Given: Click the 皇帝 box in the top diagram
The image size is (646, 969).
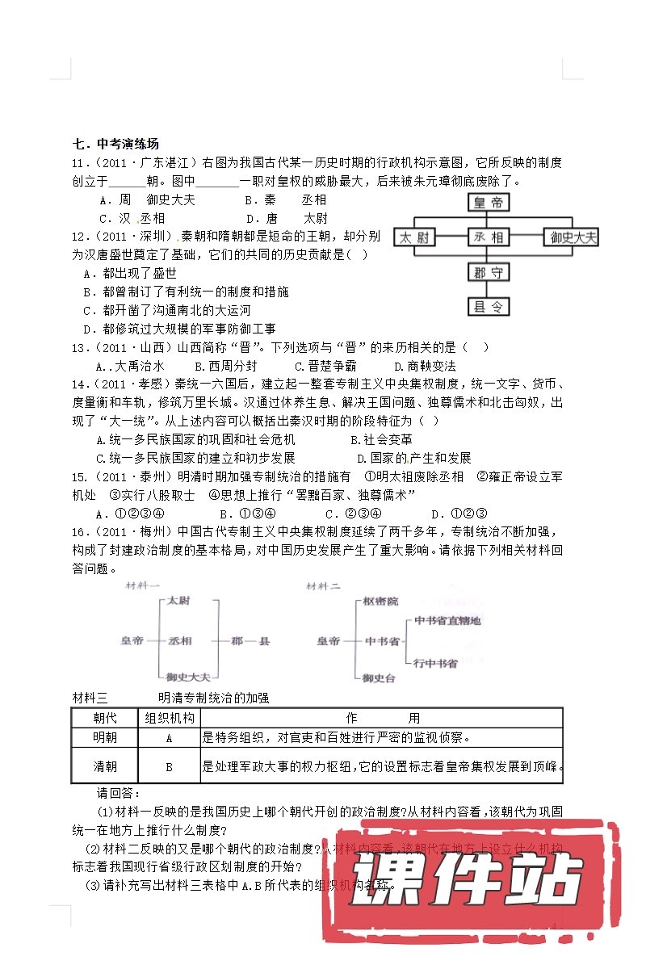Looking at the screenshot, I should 489,202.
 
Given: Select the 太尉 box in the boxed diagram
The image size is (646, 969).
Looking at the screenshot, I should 416,237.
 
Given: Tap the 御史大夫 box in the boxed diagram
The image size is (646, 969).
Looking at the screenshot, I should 573,237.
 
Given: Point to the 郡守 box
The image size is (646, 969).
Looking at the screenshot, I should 489,272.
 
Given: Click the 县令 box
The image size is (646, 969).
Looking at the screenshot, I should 489,306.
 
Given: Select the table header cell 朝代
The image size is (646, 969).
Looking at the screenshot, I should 105,717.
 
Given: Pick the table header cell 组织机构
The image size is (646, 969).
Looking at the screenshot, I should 169,717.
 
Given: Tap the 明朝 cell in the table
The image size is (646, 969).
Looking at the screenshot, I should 105,737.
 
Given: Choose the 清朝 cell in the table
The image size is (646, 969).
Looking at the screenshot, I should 105,766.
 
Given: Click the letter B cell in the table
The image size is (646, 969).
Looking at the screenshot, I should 169,766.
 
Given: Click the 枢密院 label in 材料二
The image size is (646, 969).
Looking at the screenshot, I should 380,602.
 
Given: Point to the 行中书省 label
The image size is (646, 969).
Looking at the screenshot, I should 435,663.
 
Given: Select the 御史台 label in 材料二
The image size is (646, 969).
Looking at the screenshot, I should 380,677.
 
